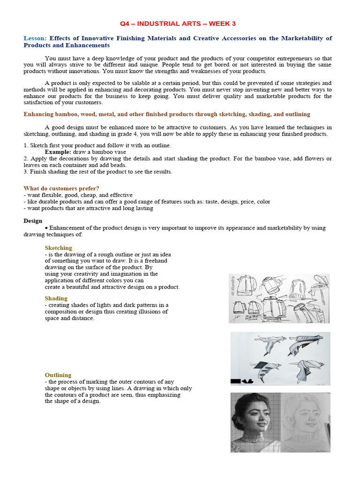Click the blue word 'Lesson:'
click(x=35, y=38)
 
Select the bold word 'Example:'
click(x=58, y=152)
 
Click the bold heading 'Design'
click(x=33, y=221)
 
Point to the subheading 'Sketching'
click(x=58, y=247)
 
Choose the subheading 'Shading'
click(x=56, y=298)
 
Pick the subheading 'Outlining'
click(x=58, y=375)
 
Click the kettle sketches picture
click(x=279, y=299)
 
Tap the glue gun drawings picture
click(x=280, y=358)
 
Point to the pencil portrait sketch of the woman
click(x=305, y=422)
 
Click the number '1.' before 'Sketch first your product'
click(x=26, y=145)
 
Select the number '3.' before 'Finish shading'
click(x=26, y=172)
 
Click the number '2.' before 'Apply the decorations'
click(x=26, y=158)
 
